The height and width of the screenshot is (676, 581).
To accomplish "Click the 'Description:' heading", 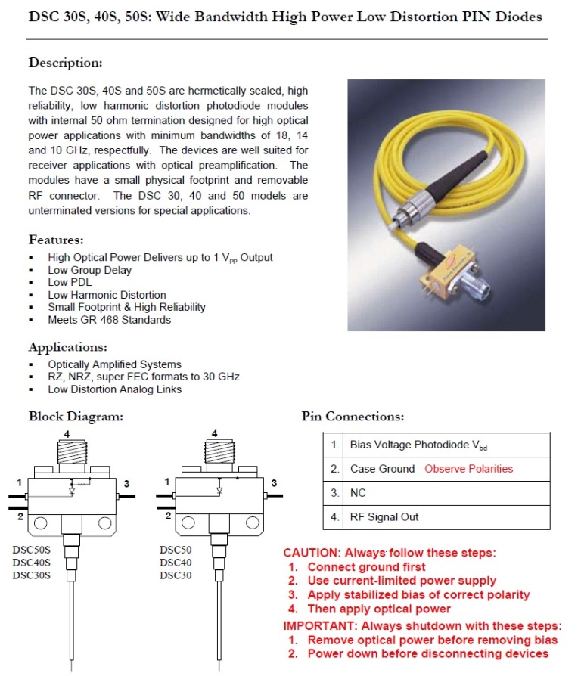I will [x=65, y=63].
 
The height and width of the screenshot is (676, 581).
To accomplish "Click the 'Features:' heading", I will [x=56, y=240].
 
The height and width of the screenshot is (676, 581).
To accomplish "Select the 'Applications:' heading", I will [x=67, y=348].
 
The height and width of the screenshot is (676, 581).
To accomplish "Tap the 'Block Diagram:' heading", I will [x=76, y=416].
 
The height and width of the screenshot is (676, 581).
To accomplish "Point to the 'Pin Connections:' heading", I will [x=353, y=416].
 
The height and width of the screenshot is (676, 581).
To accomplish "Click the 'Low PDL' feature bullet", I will [x=70, y=282].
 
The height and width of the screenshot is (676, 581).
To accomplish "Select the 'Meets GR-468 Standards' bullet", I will [x=110, y=319].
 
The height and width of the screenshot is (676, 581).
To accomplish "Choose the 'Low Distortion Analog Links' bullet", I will [x=115, y=389].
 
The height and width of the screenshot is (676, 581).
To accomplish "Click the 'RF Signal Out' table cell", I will [x=384, y=517].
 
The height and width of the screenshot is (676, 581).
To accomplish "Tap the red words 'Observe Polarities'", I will [x=468, y=469].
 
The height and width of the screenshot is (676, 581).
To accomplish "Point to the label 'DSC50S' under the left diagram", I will [x=32, y=550].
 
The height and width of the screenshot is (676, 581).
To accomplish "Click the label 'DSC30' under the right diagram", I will [x=176, y=575].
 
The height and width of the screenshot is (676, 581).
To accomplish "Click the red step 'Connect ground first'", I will [x=366, y=567].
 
